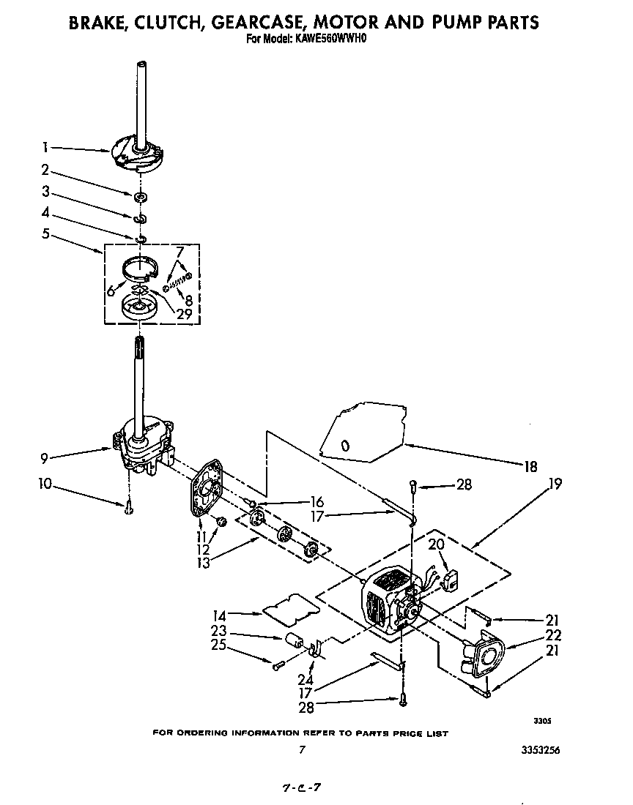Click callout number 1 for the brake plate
(45, 146)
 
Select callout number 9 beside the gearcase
(45, 460)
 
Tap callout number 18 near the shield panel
(530, 466)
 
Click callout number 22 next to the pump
(554, 635)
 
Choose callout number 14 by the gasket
(219, 615)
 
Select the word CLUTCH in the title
(162, 22)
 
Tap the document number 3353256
(543, 749)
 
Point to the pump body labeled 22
(484, 656)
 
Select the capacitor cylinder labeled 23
(294, 640)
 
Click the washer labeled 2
(138, 197)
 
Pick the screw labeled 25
(278, 665)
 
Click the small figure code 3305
(541, 721)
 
